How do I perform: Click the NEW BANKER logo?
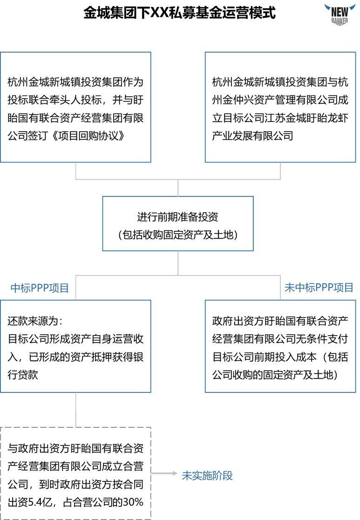pyautogui.click(x=339, y=14)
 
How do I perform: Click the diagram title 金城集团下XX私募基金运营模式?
pyautogui.click(x=179, y=13)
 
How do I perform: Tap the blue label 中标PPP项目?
pyautogui.click(x=40, y=288)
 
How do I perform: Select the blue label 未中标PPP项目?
pyautogui.click(x=319, y=288)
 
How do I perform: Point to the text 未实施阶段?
pyautogui.click(x=207, y=476)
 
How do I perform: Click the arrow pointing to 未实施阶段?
pyautogui.click(x=164, y=473)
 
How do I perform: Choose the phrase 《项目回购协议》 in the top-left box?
pyautogui.click(x=88, y=135)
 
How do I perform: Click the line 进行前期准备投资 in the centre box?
pyautogui.click(x=177, y=216)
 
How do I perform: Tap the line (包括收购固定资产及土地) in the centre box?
pyautogui.click(x=178, y=235)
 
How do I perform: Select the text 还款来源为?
pyautogui.click(x=35, y=321)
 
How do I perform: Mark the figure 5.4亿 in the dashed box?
pyautogui.click(x=40, y=502)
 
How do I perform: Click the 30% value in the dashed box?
pyautogui.click(x=133, y=502)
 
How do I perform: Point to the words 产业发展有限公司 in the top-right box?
pyautogui.click(x=252, y=135)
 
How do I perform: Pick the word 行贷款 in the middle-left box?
pyautogui.click(x=23, y=375)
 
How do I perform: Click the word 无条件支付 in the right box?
pyautogui.click(x=322, y=339)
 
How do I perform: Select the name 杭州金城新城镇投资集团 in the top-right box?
pyautogui.click(x=270, y=82)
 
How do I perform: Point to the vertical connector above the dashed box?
pyautogui.click(x=75, y=410)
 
